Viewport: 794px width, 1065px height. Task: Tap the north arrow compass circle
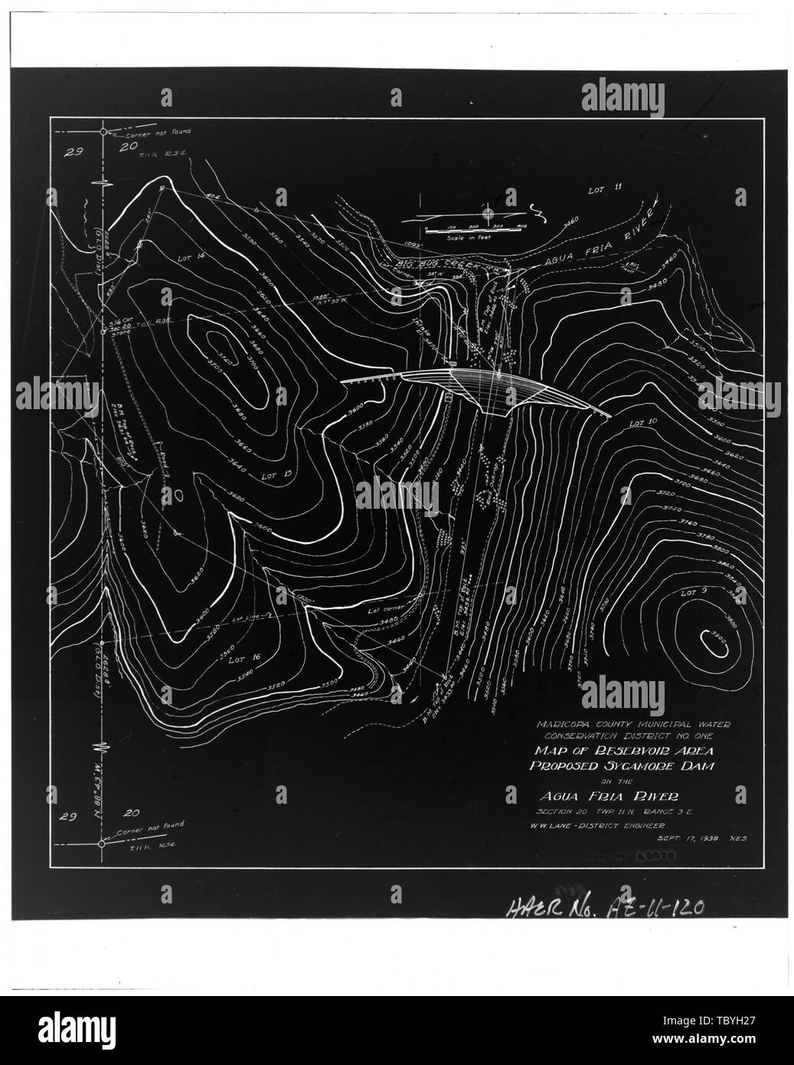coord(488,214)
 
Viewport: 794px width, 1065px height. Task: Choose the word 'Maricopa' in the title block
coord(565,723)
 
